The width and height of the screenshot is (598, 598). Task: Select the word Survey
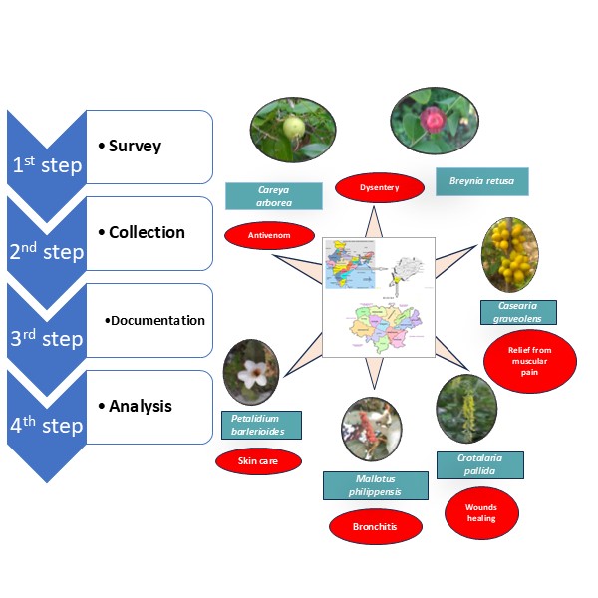[x=136, y=147]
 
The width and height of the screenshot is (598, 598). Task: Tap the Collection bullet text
[x=147, y=232]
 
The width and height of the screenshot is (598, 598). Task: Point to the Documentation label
[x=159, y=320]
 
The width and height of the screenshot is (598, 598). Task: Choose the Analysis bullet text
[x=141, y=406]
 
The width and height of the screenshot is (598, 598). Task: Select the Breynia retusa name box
[x=481, y=181]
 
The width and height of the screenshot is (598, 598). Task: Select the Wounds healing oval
[x=480, y=512]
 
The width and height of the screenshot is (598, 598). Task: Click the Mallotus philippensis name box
[x=375, y=485]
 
